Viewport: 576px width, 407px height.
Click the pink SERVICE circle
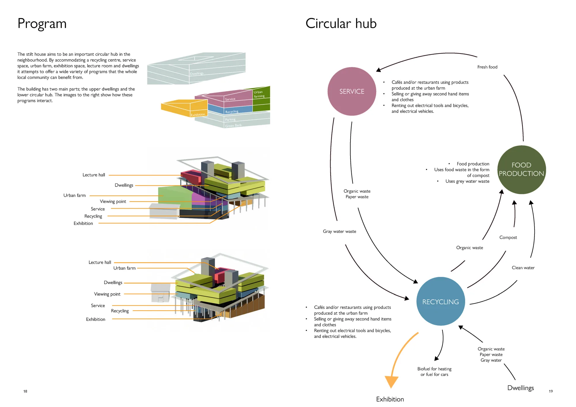click(352, 91)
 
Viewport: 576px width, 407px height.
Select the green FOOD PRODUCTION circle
click(522, 170)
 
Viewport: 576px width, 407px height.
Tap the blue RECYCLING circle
click(441, 301)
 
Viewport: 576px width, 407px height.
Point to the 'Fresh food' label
click(487, 67)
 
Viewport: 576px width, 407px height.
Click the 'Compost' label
click(508, 237)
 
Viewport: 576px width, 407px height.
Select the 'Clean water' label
click(523, 268)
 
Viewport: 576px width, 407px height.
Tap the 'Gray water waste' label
click(340, 231)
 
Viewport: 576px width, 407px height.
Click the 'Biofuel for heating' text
click(434, 369)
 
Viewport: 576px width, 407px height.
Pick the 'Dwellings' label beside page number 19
click(520, 388)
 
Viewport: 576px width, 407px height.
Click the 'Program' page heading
click(42, 24)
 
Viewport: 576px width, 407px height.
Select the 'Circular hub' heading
click(341, 23)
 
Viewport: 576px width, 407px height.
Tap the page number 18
click(25, 391)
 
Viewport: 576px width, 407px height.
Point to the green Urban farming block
click(261, 99)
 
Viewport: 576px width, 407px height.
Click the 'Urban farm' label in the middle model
click(75, 195)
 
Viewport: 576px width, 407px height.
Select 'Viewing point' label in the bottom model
click(107, 294)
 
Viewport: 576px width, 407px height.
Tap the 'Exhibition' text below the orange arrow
click(390, 399)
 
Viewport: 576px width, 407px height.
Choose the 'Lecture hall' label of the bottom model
click(100, 263)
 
